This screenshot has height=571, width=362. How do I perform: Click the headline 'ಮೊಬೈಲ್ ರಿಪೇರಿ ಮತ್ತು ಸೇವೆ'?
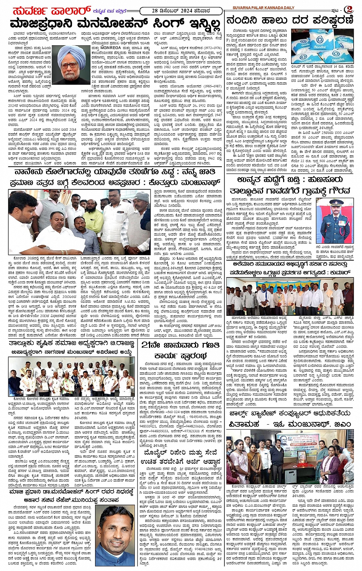(x=179, y=453)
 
